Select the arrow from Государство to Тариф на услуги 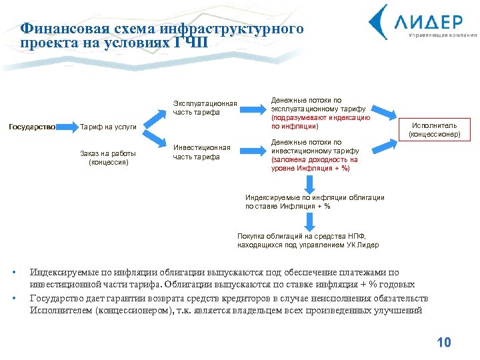pyautogui.click(x=67, y=126)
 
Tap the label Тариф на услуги pyautogui.click(x=108, y=127)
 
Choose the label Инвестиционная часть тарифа pyautogui.click(x=201, y=152)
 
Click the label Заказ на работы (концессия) pyautogui.click(x=108, y=158)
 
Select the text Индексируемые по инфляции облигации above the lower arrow pyautogui.click(x=315, y=197)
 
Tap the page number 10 pyautogui.click(x=443, y=343)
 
